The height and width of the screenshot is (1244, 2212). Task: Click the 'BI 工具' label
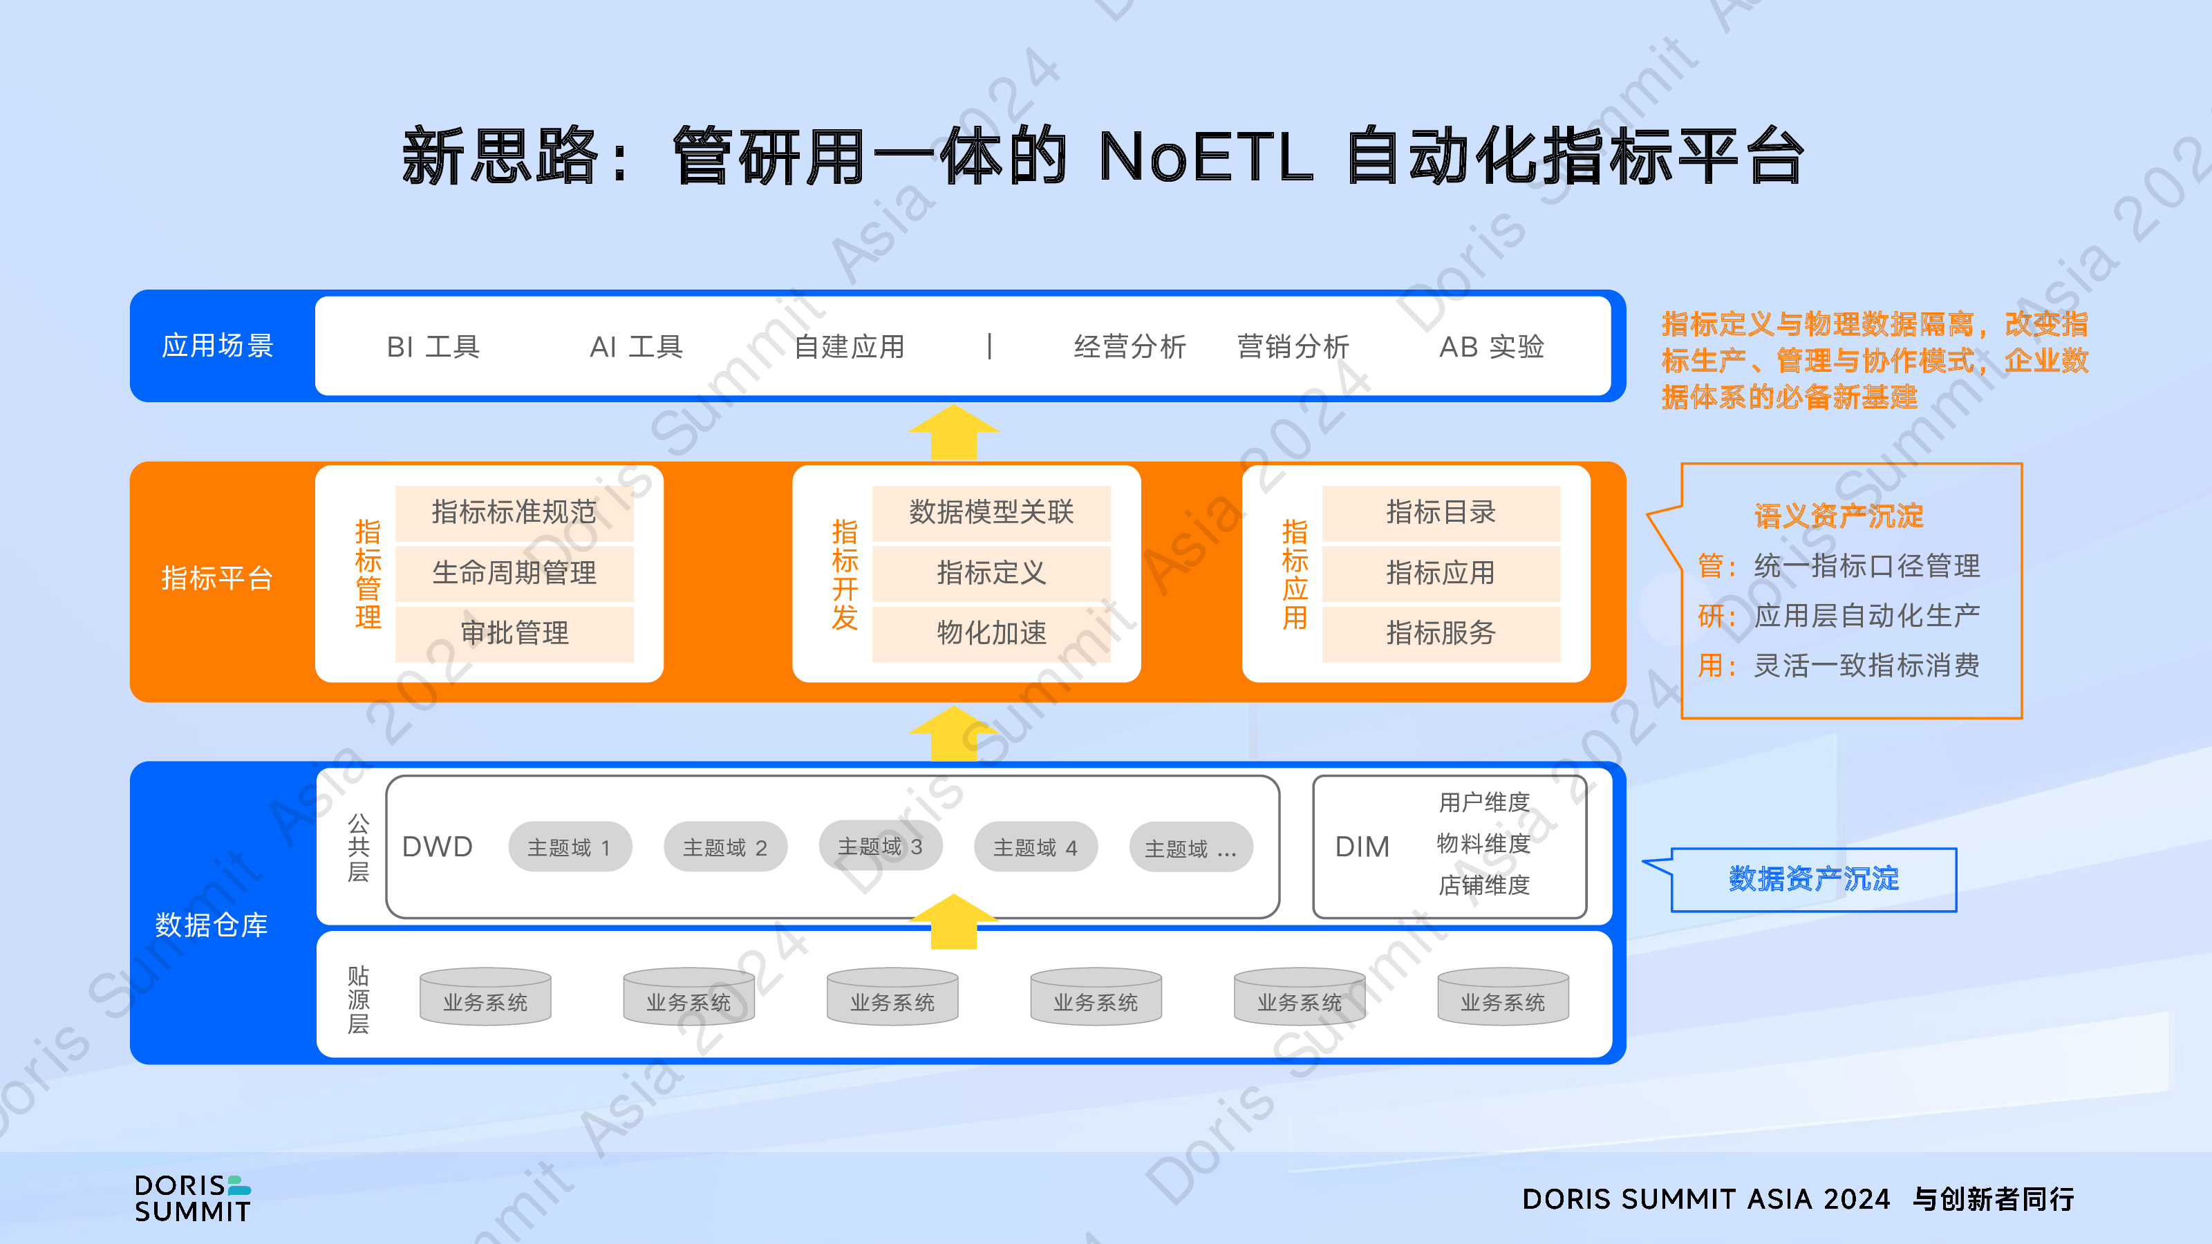(433, 347)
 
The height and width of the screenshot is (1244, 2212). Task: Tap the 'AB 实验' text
(1492, 347)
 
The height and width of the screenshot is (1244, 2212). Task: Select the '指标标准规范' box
(514, 513)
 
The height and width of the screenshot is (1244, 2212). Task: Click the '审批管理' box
(514, 634)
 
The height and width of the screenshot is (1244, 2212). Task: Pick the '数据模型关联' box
(992, 513)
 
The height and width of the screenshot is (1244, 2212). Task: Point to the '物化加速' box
(992, 634)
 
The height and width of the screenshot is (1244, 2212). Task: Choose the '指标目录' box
(1441, 513)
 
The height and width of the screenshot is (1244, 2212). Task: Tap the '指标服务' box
(1441, 634)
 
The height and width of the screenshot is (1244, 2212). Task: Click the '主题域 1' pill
(570, 847)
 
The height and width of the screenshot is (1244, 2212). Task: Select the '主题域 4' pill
(1035, 847)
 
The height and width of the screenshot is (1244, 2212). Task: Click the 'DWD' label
(437, 847)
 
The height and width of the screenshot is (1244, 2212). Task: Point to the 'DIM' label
(1362, 847)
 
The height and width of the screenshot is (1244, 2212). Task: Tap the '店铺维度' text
(1484, 885)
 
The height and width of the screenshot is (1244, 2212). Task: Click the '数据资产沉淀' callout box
(1814, 880)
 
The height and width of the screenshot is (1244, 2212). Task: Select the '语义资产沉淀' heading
(1839, 516)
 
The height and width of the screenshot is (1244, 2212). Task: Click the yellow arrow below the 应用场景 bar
(954, 433)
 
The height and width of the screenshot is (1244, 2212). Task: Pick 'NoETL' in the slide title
(1206, 157)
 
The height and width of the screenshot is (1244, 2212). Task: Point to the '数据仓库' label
(212, 925)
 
